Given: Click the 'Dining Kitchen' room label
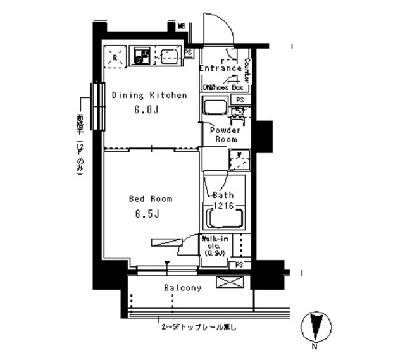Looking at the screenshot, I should tap(149, 96).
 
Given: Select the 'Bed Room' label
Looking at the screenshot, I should tap(150, 199).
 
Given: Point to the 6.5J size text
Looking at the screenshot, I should tap(146, 213).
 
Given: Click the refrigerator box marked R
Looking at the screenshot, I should tap(115, 57).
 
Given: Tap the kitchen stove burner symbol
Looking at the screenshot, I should tap(140, 58).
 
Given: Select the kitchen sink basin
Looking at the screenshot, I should tap(167, 57).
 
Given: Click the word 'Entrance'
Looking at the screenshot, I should tap(220, 68).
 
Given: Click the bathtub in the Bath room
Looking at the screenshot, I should tap(224, 218).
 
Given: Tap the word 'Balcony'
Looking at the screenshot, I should tap(183, 288).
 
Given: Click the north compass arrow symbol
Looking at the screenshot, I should tap(315, 327).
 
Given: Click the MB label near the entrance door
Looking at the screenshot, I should tap(181, 27).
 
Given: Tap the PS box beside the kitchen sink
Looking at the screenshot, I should tap(189, 53).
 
